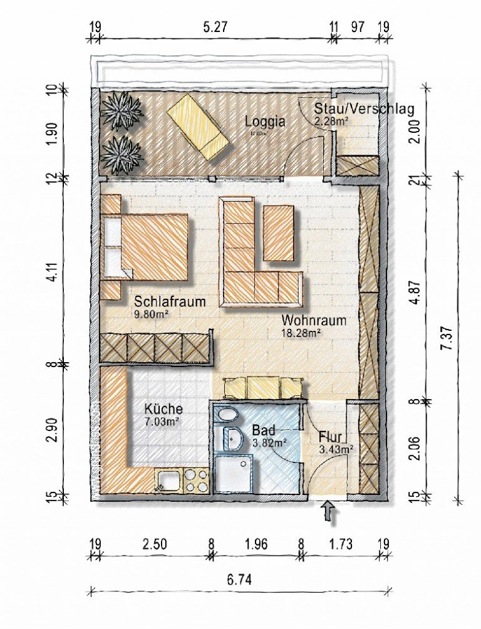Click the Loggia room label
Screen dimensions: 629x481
click(x=265, y=122)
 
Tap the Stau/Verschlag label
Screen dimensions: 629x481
click(x=364, y=109)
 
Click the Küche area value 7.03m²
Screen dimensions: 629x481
click(x=162, y=422)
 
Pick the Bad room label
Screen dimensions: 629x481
click(x=263, y=431)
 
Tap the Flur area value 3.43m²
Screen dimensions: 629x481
click(x=335, y=449)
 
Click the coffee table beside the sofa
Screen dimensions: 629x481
click(x=279, y=233)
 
